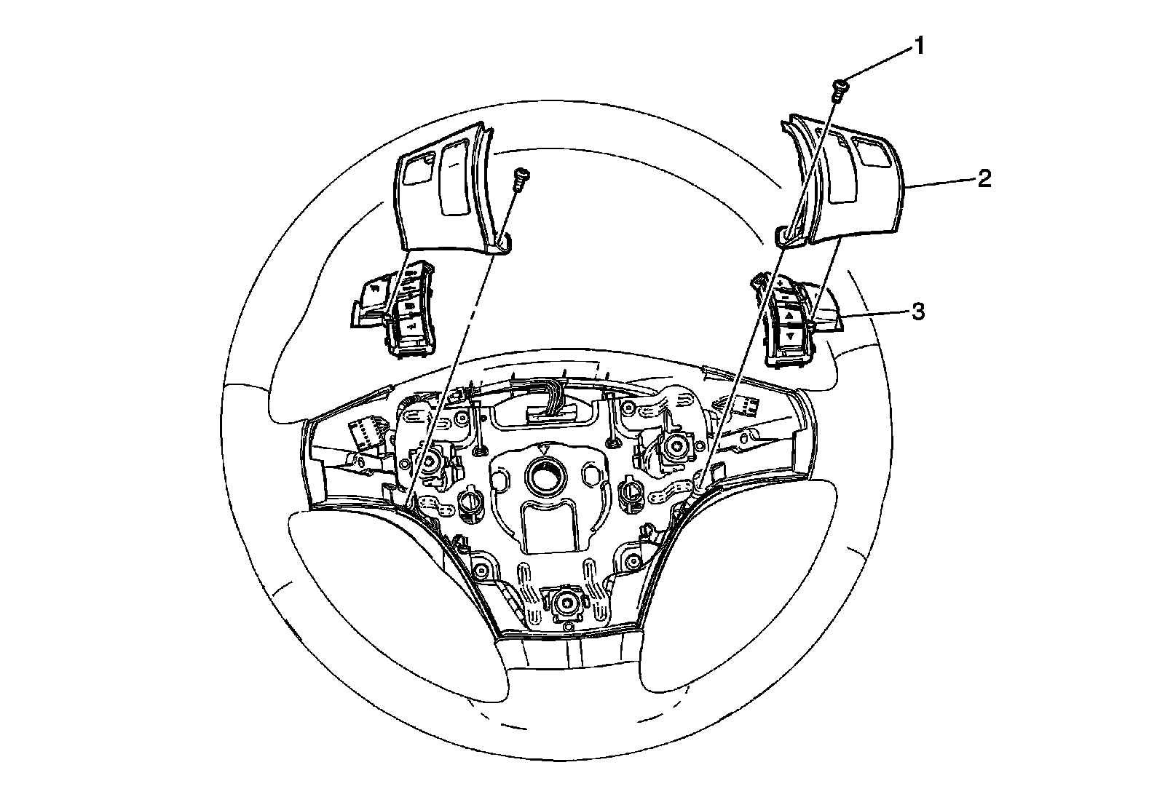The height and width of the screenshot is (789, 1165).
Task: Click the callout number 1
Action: tap(919, 47)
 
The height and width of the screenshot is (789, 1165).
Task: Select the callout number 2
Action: tap(984, 179)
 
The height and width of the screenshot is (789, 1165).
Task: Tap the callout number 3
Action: tap(919, 312)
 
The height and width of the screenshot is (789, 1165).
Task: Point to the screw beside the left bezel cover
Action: tap(521, 178)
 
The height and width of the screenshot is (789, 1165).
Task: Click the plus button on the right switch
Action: tap(780, 282)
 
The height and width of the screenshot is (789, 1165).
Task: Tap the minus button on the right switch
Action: tap(784, 298)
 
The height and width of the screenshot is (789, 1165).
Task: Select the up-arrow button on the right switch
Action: tap(789, 317)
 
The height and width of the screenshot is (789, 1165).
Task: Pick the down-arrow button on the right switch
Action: tap(790, 336)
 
